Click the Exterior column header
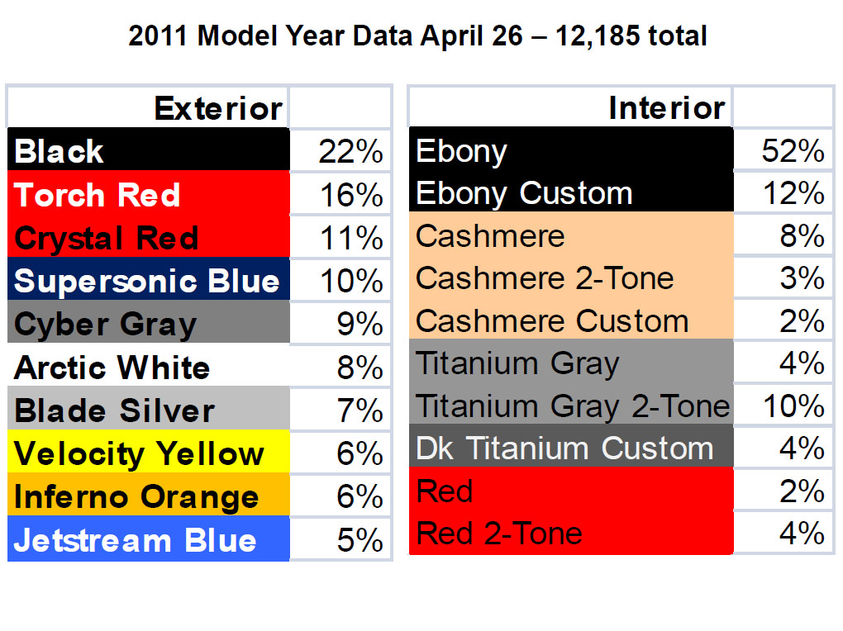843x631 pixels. (x=217, y=108)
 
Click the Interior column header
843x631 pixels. (x=667, y=108)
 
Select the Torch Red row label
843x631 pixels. (x=97, y=195)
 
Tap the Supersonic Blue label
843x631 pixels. (x=147, y=281)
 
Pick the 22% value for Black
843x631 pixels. (x=350, y=152)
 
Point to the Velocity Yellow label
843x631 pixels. (x=139, y=454)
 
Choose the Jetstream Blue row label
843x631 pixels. (x=135, y=540)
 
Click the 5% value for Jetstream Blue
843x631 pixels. (x=360, y=540)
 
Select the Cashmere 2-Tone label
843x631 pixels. (x=545, y=278)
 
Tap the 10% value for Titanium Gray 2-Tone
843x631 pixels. (x=793, y=406)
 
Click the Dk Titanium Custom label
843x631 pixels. (x=564, y=448)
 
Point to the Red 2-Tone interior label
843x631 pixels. (x=499, y=534)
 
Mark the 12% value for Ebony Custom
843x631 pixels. (x=793, y=193)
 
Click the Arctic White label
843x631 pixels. (x=112, y=368)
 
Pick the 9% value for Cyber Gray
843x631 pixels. (x=360, y=324)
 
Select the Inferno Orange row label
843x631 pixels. (x=136, y=497)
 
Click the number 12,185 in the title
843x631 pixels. (x=597, y=36)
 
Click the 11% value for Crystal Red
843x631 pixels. (x=351, y=238)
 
